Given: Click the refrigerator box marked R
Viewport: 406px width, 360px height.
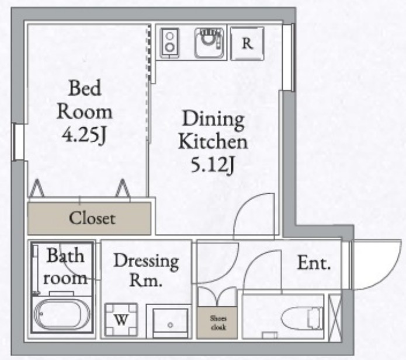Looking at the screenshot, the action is [x=247, y=43].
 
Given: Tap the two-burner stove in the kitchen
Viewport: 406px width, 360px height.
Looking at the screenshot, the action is [x=169, y=43].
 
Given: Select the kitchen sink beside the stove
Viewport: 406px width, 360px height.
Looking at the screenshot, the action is [x=209, y=43].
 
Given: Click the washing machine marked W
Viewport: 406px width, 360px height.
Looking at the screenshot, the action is [x=121, y=320].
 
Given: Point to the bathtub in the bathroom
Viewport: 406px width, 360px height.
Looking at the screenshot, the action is [x=61, y=314].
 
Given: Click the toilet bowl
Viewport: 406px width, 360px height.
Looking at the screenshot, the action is [x=301, y=319].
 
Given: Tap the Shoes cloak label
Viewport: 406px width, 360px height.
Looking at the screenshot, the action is [x=218, y=323].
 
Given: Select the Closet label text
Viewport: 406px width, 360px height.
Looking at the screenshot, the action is [x=92, y=218].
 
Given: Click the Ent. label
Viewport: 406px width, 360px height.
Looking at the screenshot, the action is [x=314, y=263].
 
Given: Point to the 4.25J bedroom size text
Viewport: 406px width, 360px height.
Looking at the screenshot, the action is [x=84, y=135].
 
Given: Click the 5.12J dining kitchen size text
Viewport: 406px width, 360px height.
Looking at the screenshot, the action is [x=213, y=165].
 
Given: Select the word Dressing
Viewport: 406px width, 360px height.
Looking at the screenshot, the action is [x=146, y=262].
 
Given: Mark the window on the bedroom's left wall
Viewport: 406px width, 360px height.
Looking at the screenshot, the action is [x=18, y=142].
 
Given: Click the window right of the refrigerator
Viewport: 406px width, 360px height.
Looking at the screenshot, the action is [x=288, y=57].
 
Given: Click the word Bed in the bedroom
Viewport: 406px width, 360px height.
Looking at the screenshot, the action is [x=85, y=88].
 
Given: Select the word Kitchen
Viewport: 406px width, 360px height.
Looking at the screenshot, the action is [x=213, y=142].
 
